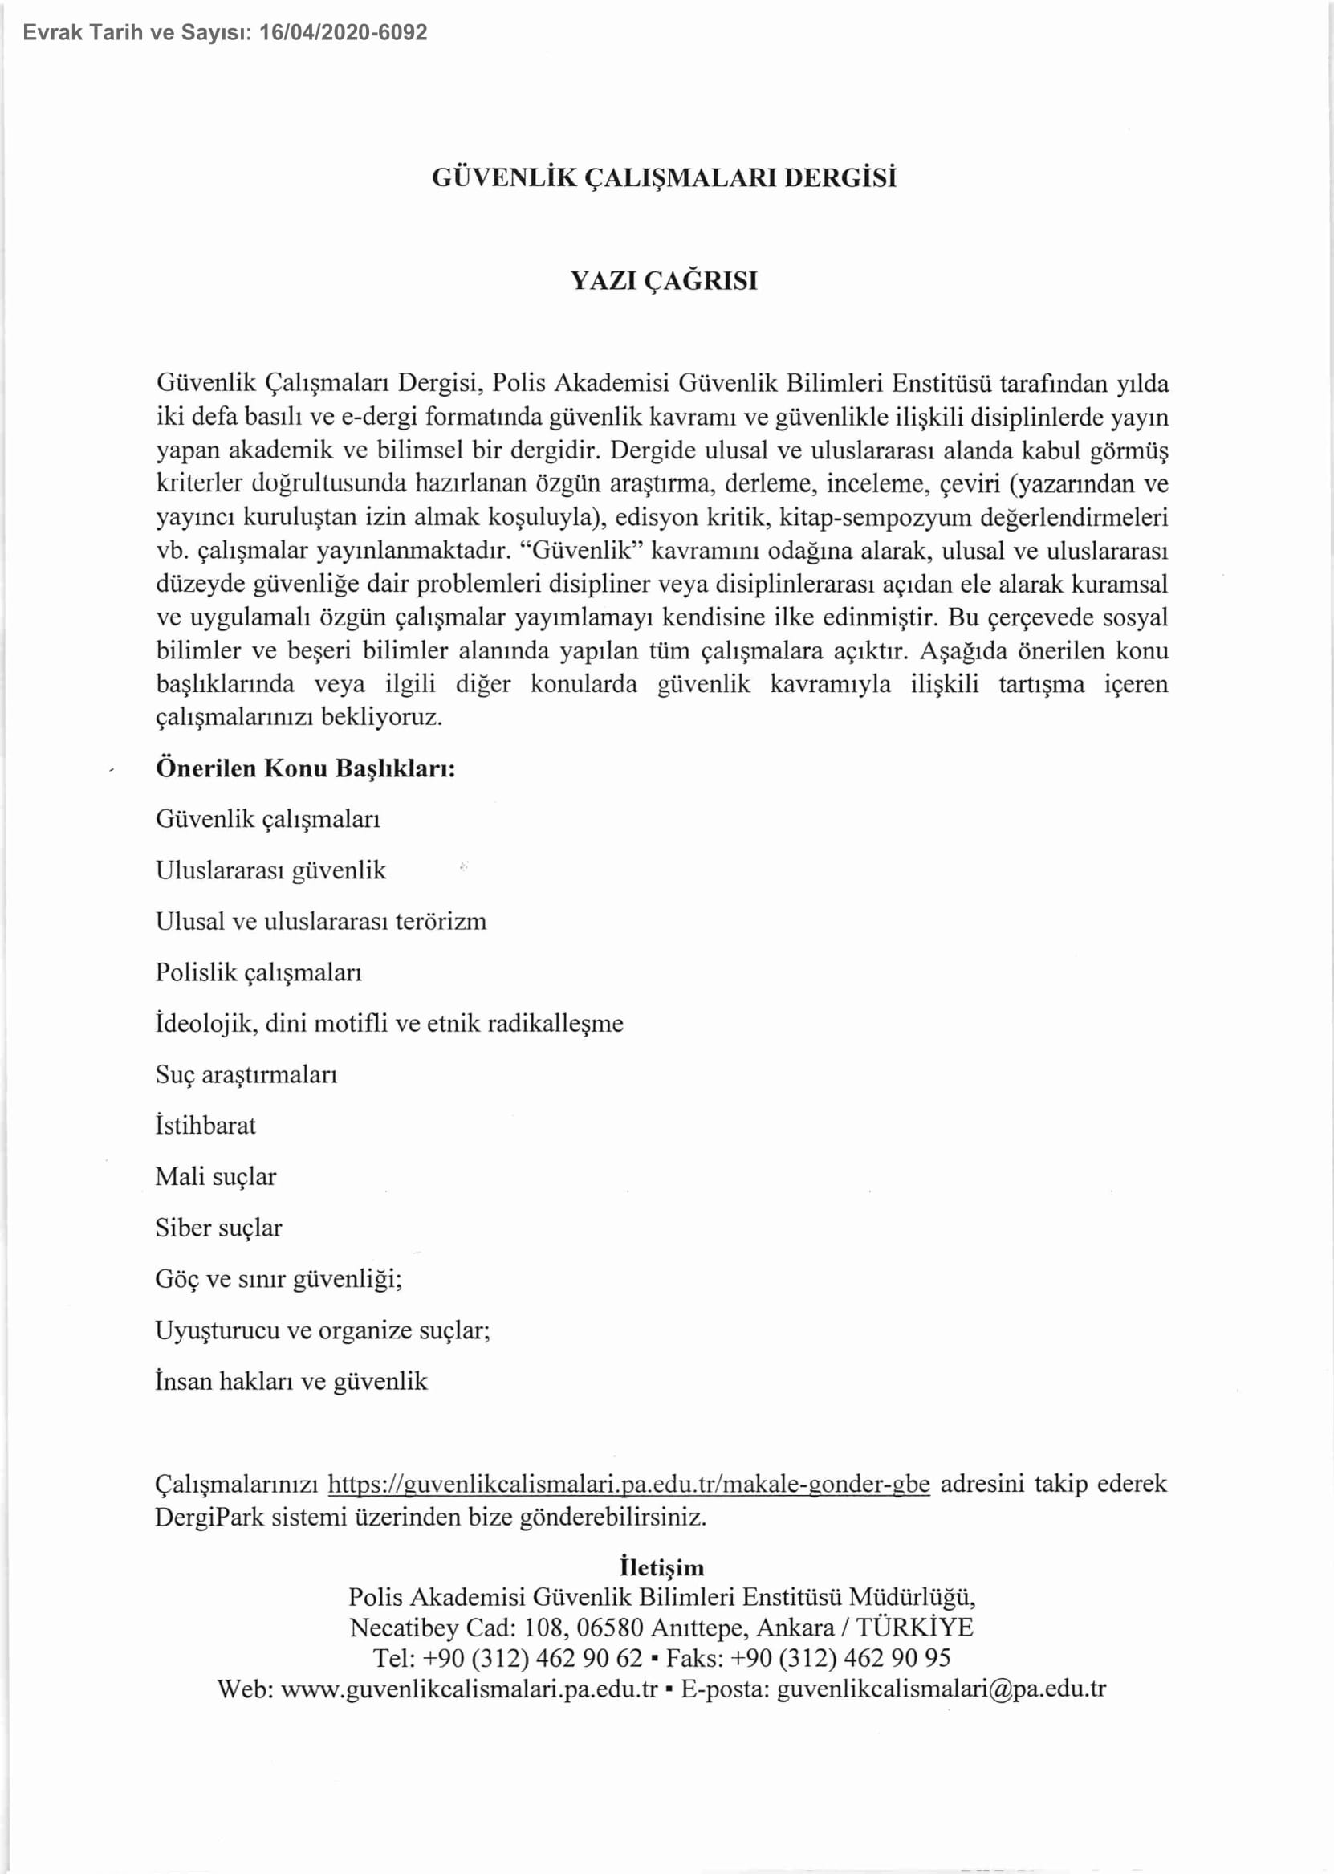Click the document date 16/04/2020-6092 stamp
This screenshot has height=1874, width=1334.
[343, 33]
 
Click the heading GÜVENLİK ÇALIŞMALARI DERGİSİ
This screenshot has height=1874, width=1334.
[664, 178]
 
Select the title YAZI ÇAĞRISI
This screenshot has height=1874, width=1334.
[664, 281]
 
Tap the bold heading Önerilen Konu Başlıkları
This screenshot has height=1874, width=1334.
[306, 768]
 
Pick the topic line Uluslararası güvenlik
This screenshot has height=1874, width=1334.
[270, 870]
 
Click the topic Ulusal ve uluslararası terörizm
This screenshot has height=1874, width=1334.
[320, 921]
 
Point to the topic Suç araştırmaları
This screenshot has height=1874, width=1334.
[246, 1074]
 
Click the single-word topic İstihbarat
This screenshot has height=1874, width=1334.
[205, 1125]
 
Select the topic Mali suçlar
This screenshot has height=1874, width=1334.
[216, 1176]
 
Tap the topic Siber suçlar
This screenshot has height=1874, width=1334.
[218, 1228]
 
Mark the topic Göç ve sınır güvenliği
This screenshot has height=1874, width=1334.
[279, 1279]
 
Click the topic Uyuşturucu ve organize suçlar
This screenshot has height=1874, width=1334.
[323, 1330]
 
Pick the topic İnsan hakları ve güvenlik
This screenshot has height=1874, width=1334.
[291, 1381]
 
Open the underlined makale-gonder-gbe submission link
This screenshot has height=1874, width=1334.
[628, 1485]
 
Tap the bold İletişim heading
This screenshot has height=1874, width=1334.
[662, 1567]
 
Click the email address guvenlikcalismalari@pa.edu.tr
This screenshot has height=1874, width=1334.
[942, 1689]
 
